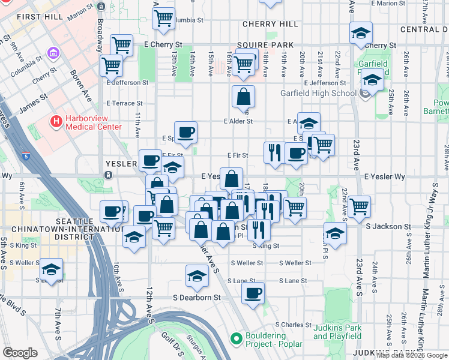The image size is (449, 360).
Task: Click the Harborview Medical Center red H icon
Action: [x=56, y=122]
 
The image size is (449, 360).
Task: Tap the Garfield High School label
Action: [x=318, y=93]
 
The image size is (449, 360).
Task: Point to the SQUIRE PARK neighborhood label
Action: [x=265, y=45]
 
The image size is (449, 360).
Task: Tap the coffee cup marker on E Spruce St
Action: [x=185, y=132]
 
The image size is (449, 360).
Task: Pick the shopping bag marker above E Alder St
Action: [x=243, y=96]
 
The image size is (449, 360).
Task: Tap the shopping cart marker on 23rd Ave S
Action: [x=359, y=206]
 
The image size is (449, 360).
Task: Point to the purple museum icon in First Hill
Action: [x=53, y=54]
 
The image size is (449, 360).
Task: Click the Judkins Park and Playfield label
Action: [x=337, y=332]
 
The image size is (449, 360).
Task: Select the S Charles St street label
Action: [x=296, y=325]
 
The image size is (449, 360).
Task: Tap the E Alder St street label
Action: [x=238, y=121]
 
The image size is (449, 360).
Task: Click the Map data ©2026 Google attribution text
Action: [x=412, y=355]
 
